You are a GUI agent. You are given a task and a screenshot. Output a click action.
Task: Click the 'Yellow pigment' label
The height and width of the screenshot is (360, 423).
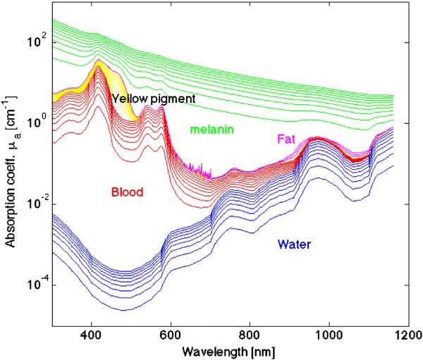tap(152, 99)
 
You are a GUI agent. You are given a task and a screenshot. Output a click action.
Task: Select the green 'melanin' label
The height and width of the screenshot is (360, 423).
tap(211, 130)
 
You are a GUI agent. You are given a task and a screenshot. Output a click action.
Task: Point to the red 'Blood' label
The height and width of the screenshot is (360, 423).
tap(128, 192)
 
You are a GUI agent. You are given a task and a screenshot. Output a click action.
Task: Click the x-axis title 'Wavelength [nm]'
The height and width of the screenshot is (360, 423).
tap(228, 350)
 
